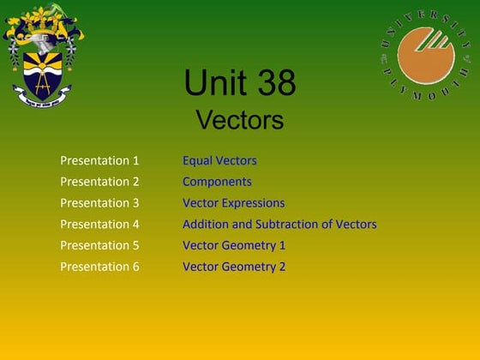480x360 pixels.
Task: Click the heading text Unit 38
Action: [240, 84]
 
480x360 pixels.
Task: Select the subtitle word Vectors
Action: [240, 120]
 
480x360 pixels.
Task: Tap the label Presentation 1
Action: [99, 160]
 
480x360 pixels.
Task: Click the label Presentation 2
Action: [99, 182]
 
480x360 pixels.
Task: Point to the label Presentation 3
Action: [99, 203]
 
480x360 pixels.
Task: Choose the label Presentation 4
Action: [99, 225]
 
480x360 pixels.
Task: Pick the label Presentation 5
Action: [99, 245]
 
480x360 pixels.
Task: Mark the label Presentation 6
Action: [99, 267]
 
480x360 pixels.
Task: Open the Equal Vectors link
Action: [219, 160]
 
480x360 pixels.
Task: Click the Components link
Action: [217, 182]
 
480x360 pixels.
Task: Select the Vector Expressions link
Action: [233, 203]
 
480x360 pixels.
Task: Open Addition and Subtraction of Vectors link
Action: [279, 225]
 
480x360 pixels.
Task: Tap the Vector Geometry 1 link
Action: [234, 245]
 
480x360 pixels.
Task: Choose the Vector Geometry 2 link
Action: [234, 267]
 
